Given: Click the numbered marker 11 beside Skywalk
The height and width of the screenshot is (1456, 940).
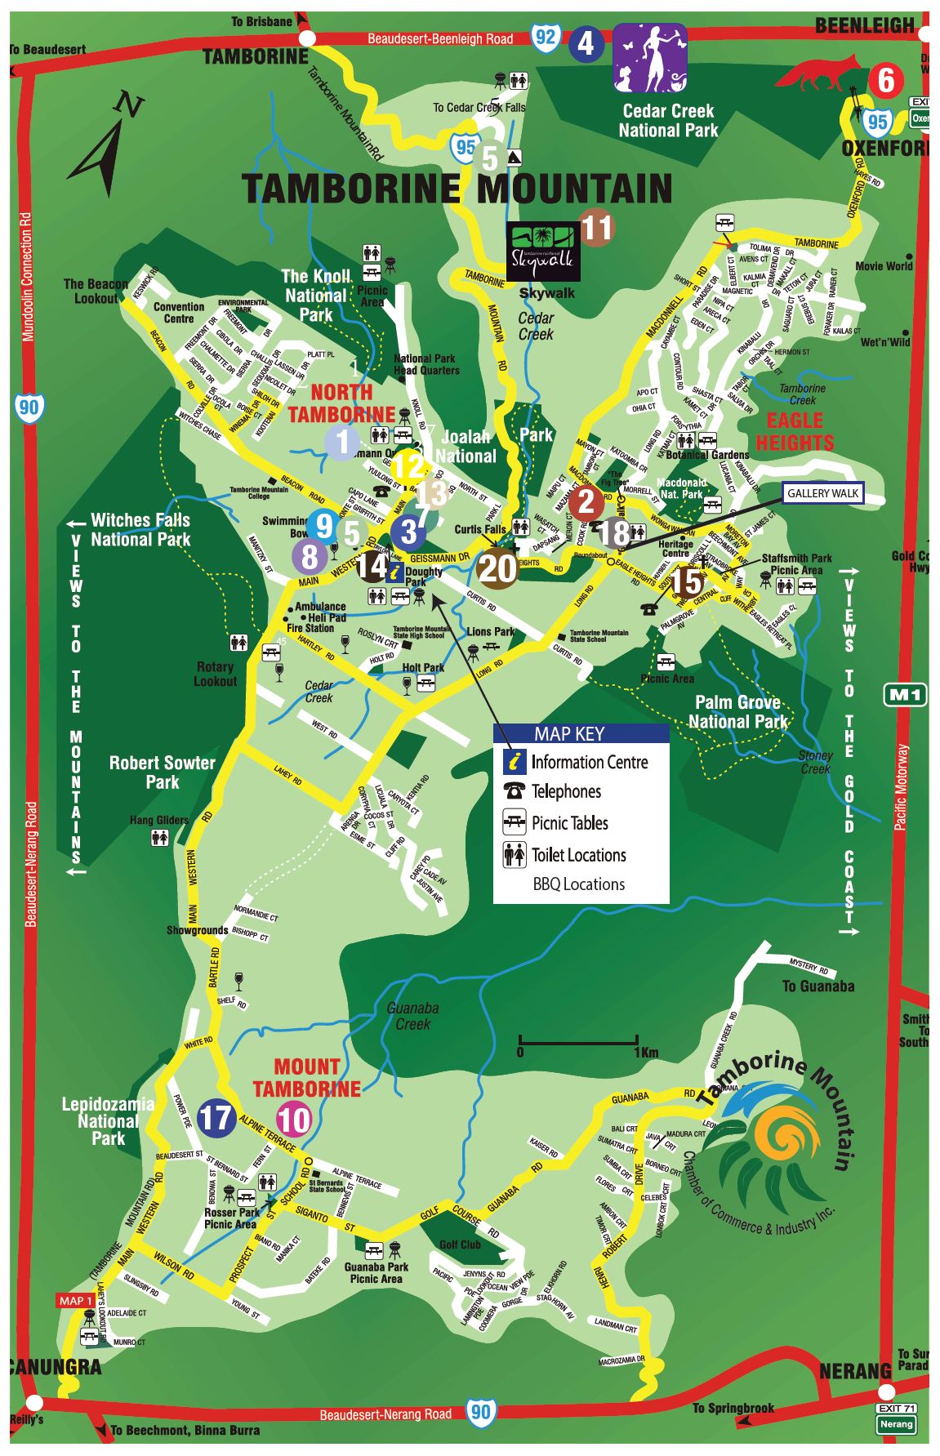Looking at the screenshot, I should point(596,228).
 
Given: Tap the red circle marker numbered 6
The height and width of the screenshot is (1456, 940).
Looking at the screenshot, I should point(885,81).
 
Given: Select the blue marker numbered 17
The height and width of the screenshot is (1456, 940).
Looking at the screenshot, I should point(217,1118).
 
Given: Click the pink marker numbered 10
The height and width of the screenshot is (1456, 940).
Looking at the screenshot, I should point(295,1119).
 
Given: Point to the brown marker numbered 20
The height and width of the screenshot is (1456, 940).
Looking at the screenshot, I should point(497,568).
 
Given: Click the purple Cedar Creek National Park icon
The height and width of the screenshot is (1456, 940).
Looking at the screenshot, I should point(650,57).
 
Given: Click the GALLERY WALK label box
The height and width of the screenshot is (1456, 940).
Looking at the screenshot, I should point(822,493).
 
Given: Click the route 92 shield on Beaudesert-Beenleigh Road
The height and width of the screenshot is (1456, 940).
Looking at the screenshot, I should point(546,37).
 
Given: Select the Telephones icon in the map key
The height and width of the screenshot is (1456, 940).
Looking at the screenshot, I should point(515,791).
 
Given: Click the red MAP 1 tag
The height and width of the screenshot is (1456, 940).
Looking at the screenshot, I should point(75,1301).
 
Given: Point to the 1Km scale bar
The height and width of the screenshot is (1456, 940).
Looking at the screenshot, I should point(578,1041).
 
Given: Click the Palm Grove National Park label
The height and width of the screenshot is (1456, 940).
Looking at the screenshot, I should point(737,712).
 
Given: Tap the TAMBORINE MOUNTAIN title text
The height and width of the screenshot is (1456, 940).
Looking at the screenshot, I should point(457,189).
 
